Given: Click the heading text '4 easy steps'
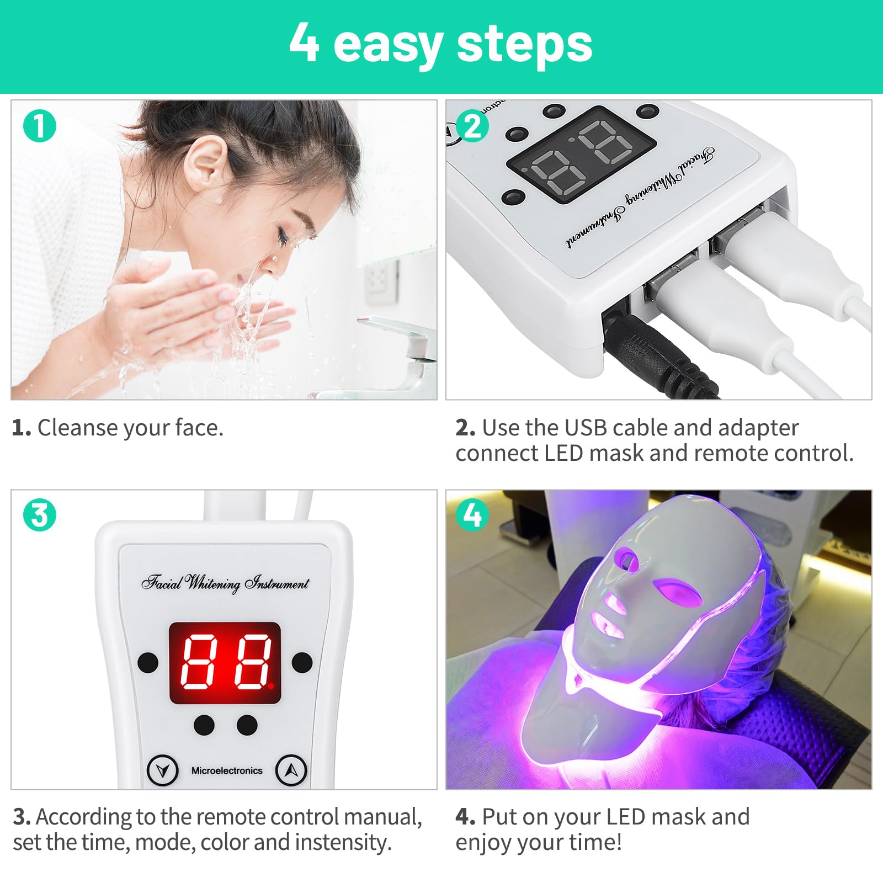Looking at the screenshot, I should click(x=440, y=44).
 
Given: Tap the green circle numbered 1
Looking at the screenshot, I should click(x=40, y=126).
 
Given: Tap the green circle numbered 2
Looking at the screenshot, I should click(x=473, y=127).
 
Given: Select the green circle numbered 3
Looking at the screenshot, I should click(x=40, y=515).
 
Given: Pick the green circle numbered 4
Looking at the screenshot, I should click(x=473, y=515).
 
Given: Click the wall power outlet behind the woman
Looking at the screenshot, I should click(x=381, y=281).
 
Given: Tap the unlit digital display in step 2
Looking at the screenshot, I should click(x=581, y=156).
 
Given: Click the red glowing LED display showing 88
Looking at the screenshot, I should click(x=225, y=663).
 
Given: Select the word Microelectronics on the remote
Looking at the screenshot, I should click(x=227, y=770).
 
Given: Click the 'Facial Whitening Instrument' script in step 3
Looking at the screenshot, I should click(x=225, y=583).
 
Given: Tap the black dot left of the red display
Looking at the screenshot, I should click(x=148, y=662).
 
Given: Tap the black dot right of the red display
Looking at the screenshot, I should click(x=302, y=662).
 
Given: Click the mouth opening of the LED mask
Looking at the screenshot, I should click(x=605, y=626).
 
